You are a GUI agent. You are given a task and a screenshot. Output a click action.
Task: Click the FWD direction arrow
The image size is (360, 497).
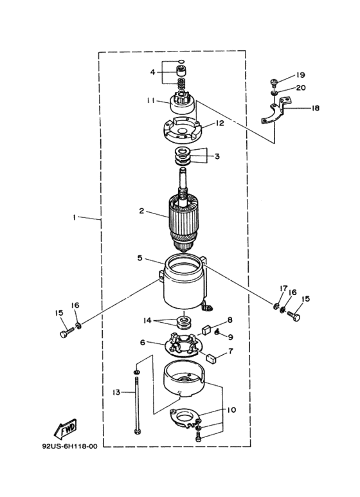point(66,429)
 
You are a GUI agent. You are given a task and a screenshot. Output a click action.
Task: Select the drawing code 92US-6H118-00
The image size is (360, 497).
point(69,446)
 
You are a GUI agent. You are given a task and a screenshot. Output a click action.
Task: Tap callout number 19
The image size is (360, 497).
point(300,75)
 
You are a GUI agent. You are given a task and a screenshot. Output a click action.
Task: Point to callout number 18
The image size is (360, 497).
point(315,108)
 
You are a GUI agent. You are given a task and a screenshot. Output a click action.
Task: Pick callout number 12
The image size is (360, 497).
point(219,123)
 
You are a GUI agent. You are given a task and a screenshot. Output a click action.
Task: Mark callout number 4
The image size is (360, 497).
point(153,72)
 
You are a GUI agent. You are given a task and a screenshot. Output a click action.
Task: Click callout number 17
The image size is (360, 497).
point(283,289)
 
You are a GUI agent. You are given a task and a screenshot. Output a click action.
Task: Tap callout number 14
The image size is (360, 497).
point(147,321)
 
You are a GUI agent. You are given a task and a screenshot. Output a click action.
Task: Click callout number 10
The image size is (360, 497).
point(231,410)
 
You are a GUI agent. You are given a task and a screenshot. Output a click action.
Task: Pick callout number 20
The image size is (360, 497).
point(301,87)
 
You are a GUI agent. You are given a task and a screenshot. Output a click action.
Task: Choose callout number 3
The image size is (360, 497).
point(217,156)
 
